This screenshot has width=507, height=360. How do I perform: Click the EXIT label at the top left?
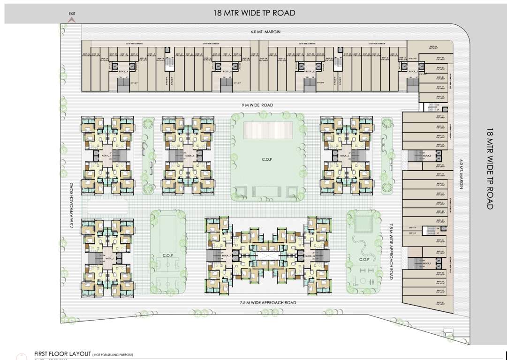(72, 14)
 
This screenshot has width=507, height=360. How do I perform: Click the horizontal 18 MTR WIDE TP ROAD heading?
(254, 13)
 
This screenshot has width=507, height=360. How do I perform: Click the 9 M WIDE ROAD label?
(255, 105)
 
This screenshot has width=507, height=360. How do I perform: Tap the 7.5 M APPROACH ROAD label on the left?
(72, 205)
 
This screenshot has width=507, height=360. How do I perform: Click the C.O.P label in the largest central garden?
(267, 160)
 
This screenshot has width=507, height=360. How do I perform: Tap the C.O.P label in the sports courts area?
(167, 256)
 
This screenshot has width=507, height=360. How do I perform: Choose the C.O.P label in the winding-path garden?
(364, 259)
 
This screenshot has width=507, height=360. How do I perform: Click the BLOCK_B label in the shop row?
(227, 71)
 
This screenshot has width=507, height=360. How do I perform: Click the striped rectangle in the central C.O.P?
(268, 130)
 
